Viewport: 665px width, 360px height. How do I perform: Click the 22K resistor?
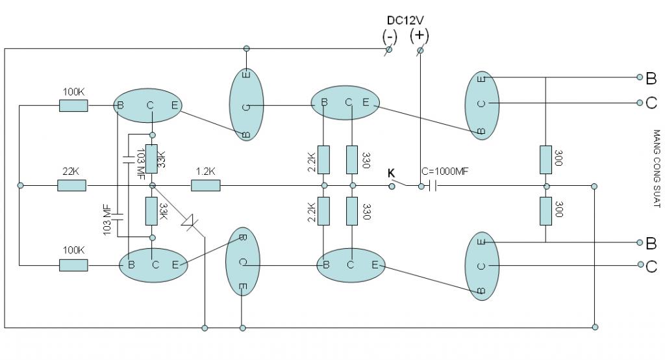[71, 185]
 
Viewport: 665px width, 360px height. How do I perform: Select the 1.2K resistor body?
[206, 185]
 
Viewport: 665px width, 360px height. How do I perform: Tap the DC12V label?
[405, 20]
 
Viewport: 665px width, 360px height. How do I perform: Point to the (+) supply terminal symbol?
[420, 51]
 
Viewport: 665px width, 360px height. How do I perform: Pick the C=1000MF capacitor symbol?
[433, 186]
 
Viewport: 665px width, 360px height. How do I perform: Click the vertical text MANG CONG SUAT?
[657, 168]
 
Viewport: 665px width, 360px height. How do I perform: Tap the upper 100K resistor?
[73, 106]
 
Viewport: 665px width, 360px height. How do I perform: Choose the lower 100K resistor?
[73, 266]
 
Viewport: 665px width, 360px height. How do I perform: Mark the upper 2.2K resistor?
[323, 160]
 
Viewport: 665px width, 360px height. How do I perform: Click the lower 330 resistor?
[351, 211]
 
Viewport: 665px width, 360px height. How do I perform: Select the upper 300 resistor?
[546, 160]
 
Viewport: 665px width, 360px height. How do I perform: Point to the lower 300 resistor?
[546, 211]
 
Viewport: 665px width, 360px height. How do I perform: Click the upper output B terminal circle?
[640, 77]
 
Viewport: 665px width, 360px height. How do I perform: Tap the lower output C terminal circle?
[640, 264]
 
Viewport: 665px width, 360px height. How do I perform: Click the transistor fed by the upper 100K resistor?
[147, 106]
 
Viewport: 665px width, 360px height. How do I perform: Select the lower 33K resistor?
[151, 211]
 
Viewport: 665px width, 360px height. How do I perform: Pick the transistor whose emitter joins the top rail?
[246, 105]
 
